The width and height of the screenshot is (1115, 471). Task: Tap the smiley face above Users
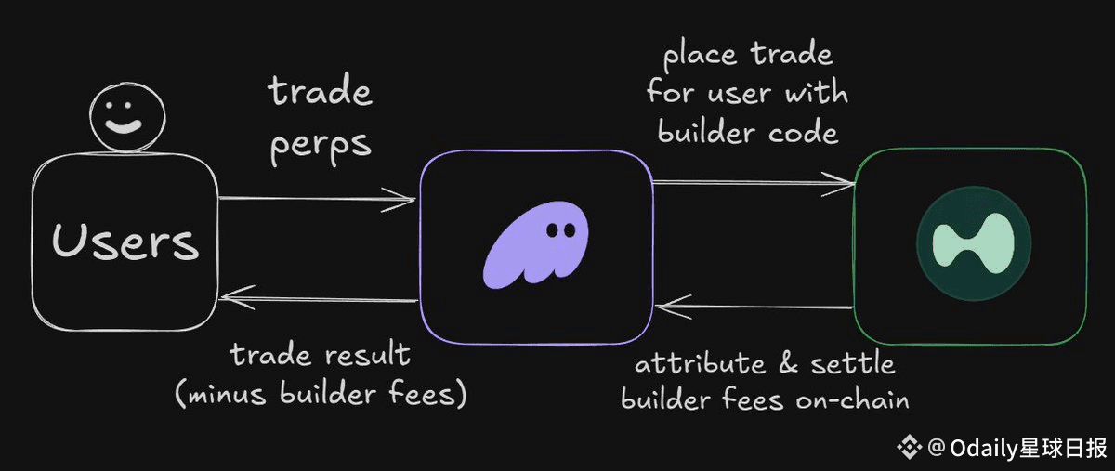point(127,121)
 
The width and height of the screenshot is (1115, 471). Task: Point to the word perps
point(321,146)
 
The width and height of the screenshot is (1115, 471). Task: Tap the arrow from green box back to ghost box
point(754,306)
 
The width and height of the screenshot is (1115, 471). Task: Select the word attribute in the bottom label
point(691,363)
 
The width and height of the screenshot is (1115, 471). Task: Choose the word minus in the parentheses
point(228,394)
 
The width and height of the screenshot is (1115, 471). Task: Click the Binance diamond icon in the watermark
point(908,448)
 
